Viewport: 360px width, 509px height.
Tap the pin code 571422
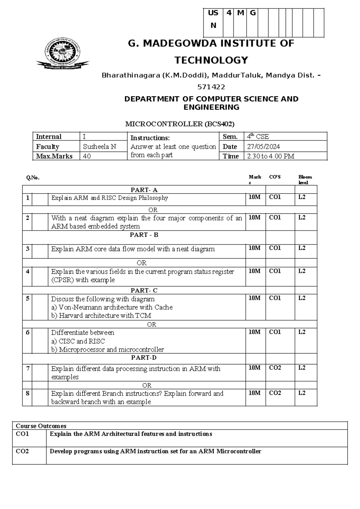pyautogui.click(x=211, y=87)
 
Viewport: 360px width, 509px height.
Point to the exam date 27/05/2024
pyautogui.click(x=263, y=147)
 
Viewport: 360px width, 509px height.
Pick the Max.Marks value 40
pyautogui.click(x=87, y=156)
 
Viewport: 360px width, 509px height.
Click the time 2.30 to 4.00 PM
pyautogui.click(x=270, y=156)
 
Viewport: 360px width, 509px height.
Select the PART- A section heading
pyautogui.click(x=144, y=190)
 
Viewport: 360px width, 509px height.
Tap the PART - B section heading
pyautogui.click(x=144, y=235)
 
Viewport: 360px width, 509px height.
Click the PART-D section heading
pyautogui.click(x=144, y=358)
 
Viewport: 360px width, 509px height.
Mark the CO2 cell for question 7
pyautogui.click(x=275, y=368)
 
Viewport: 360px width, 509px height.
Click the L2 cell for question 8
pyautogui.click(x=302, y=393)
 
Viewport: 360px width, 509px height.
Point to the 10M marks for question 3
pyautogui.click(x=254, y=248)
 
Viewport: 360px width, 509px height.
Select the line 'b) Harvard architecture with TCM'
pyautogui.click(x=101, y=316)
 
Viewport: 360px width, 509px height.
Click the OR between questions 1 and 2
pyautogui.click(x=153, y=210)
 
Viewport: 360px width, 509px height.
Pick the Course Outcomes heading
pyautogui.click(x=41, y=426)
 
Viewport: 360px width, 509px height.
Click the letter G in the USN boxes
pyautogui.click(x=253, y=13)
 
